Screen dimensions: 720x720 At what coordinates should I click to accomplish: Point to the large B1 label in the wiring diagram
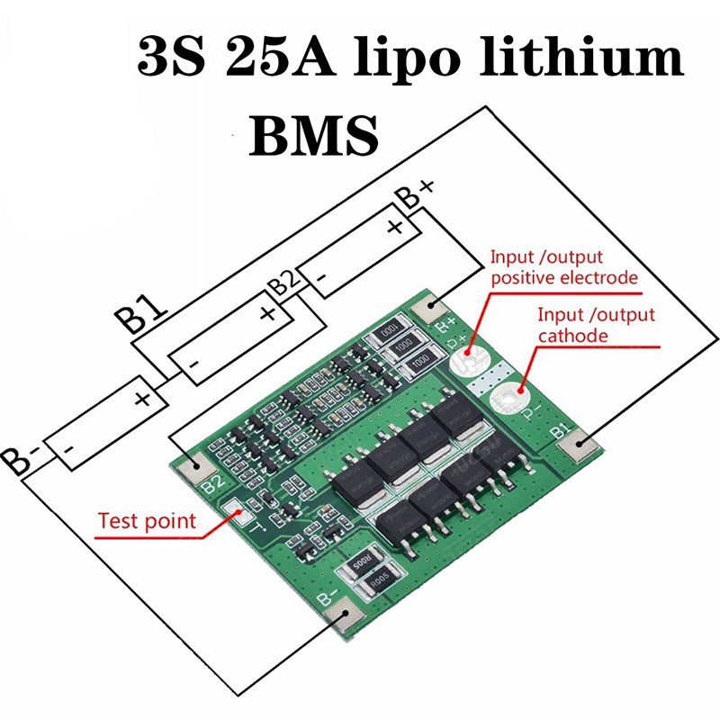pyautogui.click(x=140, y=315)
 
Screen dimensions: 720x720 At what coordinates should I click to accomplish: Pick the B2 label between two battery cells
pyautogui.click(x=285, y=283)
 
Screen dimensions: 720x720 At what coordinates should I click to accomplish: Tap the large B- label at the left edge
pyautogui.click(x=17, y=456)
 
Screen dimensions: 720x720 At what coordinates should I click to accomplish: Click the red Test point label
pyautogui.click(x=147, y=520)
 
